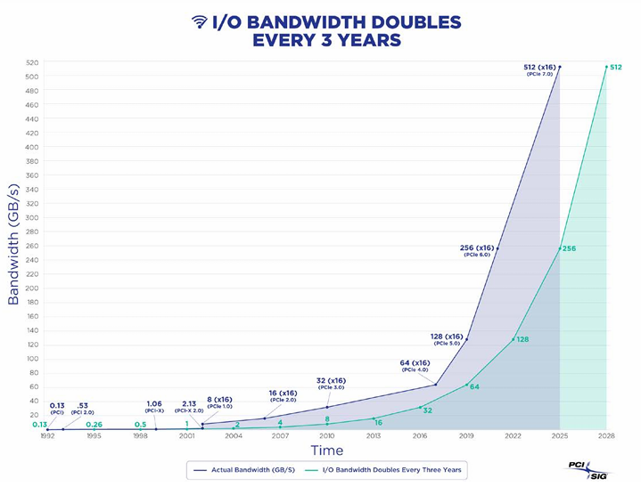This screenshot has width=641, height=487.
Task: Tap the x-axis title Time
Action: click(326, 450)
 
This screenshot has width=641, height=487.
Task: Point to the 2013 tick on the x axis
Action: click(374, 436)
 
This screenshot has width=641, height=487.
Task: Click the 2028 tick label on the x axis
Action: click(606, 436)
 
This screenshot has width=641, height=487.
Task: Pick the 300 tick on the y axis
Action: click(32, 217)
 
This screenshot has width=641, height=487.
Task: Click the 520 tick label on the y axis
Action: click(32, 62)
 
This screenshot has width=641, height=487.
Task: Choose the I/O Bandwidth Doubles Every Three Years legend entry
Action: click(385, 467)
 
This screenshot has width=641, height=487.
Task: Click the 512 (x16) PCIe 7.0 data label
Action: click(539, 69)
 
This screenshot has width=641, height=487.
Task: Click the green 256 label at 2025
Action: click(570, 248)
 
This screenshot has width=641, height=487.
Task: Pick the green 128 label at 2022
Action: click(522, 339)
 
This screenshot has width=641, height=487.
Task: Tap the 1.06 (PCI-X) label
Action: click(153, 407)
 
